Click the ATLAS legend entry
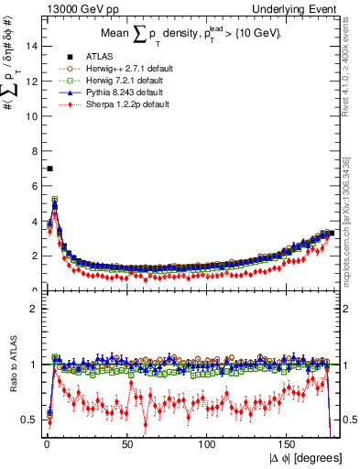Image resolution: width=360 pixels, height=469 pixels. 84,57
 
